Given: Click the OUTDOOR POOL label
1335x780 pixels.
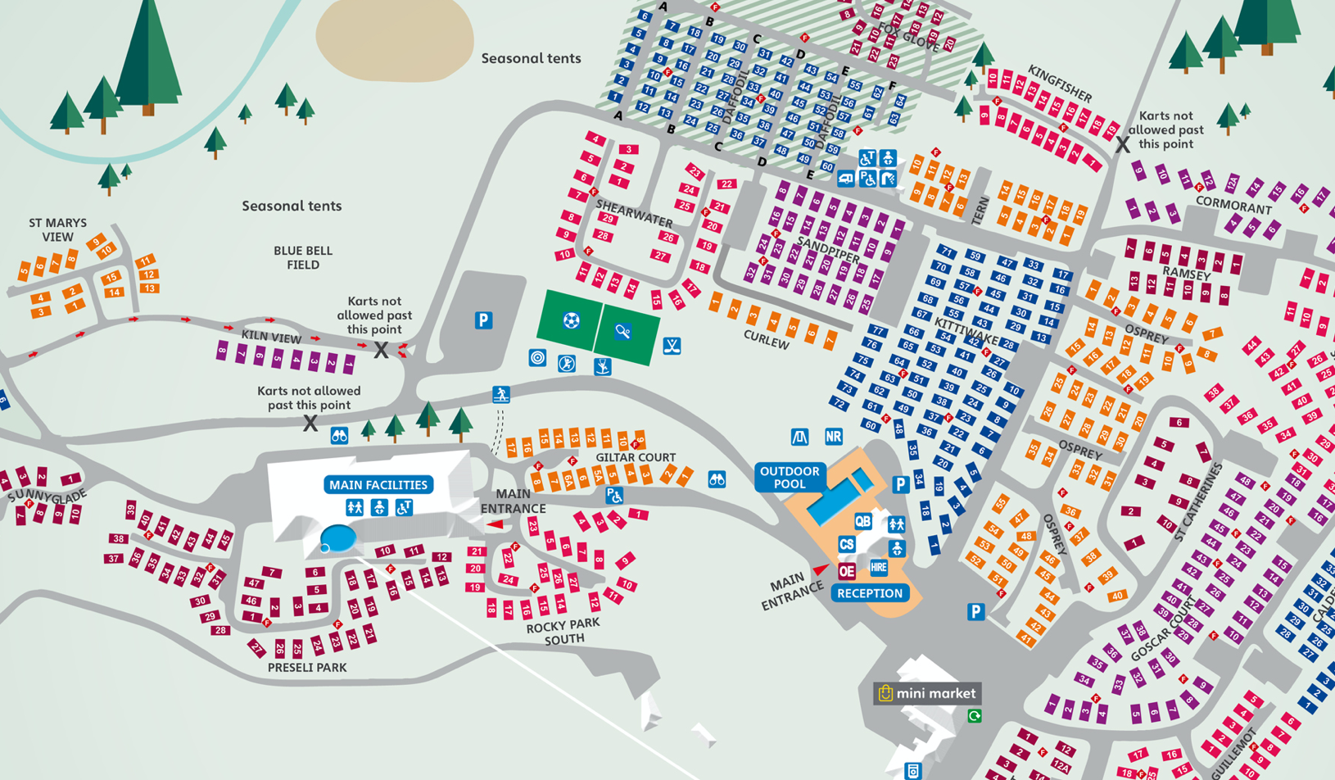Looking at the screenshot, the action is click(x=790, y=477).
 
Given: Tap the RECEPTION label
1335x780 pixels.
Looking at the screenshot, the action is click(x=870, y=593).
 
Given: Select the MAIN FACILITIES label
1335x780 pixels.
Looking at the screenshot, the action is click(x=378, y=485).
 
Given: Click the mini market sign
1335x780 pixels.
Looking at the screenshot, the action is click(x=927, y=693).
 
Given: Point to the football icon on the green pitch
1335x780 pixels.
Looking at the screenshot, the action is click(x=571, y=320).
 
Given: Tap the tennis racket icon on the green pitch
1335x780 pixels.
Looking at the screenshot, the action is click(x=623, y=331).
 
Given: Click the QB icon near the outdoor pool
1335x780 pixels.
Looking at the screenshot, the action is click(x=863, y=521).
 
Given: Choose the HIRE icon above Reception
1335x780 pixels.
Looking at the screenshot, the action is click(x=879, y=567).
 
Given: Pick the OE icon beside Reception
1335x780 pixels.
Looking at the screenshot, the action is click(x=847, y=571).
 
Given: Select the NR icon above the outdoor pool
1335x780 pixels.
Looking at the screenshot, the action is click(x=833, y=437).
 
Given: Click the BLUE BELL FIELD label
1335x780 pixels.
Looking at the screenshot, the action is click(x=303, y=257).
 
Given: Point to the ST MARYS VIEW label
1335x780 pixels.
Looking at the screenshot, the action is click(x=57, y=229).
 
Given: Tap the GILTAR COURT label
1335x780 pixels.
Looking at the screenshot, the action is click(x=636, y=457).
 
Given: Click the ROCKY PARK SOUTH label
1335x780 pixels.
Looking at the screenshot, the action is click(x=563, y=631).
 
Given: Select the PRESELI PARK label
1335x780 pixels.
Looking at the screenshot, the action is click(x=307, y=668).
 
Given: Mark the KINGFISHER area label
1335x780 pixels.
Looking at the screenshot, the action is click(x=1061, y=83).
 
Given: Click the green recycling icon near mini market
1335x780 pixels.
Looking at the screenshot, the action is click(x=975, y=716).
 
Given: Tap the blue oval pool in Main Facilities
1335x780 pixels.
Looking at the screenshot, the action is click(x=337, y=539).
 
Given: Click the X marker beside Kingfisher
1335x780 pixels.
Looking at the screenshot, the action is click(x=1122, y=145).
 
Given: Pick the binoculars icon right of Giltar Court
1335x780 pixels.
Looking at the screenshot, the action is click(x=717, y=480).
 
